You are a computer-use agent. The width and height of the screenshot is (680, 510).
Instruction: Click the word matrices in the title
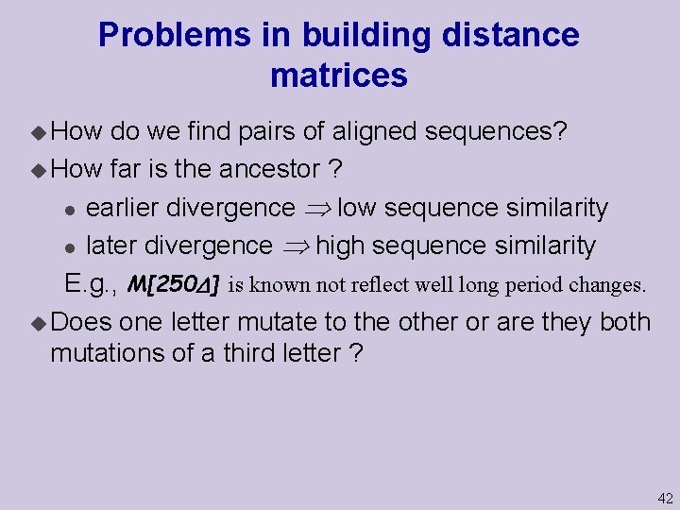tap(339, 76)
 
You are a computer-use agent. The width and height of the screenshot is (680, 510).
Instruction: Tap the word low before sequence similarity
tap(360, 207)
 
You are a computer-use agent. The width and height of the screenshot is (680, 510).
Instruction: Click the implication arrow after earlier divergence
tap(317, 208)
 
